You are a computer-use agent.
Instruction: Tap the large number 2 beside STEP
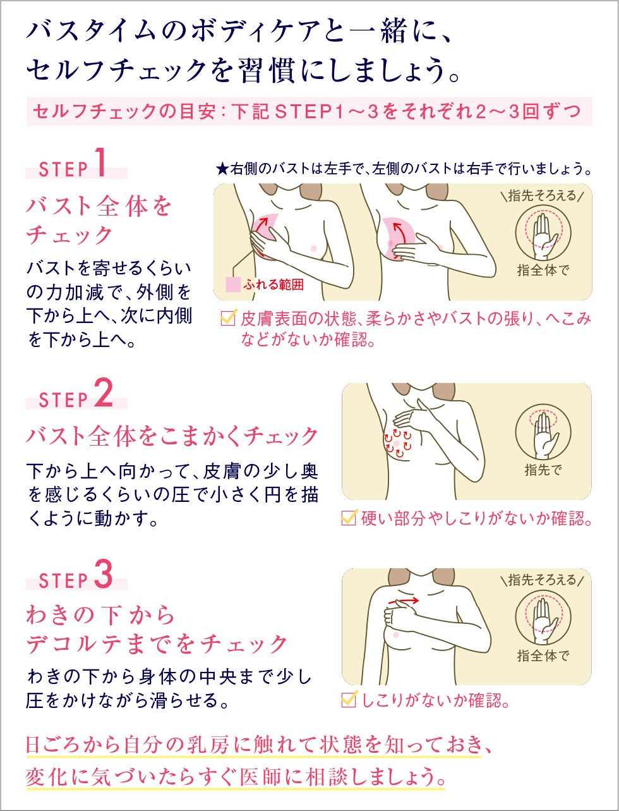tap(104, 394)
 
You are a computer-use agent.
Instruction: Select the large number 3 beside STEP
tap(104, 574)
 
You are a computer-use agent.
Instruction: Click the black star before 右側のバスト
tap(222, 169)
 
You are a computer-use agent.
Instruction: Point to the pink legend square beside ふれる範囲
tap(233, 284)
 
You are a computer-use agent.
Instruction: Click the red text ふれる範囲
tap(273, 285)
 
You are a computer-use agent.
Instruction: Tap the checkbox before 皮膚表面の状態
tap(228, 318)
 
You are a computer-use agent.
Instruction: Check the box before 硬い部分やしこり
tap(349, 517)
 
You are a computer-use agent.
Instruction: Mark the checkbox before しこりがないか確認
tap(349, 698)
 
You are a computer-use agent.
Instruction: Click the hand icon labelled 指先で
tap(543, 433)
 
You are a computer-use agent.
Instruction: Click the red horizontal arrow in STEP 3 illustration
tap(404, 601)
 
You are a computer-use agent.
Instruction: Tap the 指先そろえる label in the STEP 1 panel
tap(542, 196)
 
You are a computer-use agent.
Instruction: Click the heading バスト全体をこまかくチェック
tap(172, 436)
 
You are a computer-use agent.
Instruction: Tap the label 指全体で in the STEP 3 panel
tap(543, 656)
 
